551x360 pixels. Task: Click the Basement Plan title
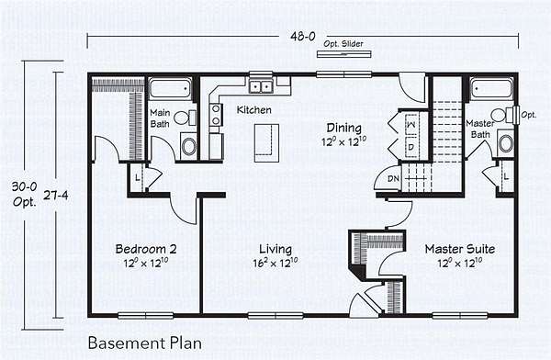tap(145, 343)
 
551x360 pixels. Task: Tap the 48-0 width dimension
tap(303, 36)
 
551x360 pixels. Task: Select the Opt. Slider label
tap(343, 44)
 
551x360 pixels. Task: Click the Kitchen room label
tap(254, 109)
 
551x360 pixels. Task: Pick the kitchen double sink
tap(261, 86)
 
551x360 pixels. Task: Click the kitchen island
tap(266, 142)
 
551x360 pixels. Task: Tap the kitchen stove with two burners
tap(216, 115)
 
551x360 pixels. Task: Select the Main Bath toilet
tap(186, 118)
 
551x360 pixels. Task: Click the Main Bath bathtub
tap(170, 88)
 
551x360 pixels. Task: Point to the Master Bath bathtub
tap(492, 88)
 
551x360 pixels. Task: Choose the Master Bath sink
tap(506, 143)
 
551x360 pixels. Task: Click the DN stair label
tap(393, 178)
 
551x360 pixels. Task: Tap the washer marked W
tap(410, 125)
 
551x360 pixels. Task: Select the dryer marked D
tap(411, 147)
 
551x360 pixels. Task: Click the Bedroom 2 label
tap(146, 249)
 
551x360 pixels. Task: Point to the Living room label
tap(275, 249)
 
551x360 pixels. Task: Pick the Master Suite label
tap(460, 249)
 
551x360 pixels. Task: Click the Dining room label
tap(344, 128)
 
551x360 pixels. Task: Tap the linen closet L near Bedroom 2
tap(138, 177)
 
